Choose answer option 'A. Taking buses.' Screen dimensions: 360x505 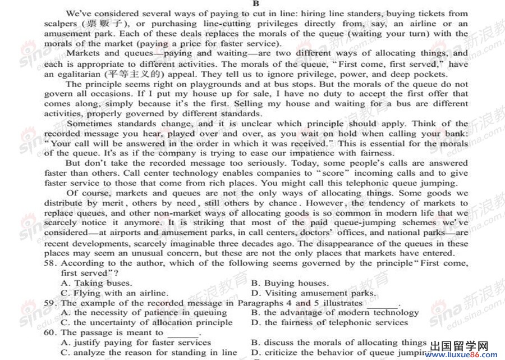click(x=96, y=283)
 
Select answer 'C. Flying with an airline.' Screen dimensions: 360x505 click(x=114, y=293)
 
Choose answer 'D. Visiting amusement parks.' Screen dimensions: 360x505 click(x=313, y=293)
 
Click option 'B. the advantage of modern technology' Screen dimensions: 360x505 click(x=335, y=312)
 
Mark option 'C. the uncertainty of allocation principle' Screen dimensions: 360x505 click(x=146, y=322)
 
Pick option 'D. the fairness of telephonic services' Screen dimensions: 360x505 click(x=329, y=322)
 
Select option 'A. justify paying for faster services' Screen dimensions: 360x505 click(x=136, y=342)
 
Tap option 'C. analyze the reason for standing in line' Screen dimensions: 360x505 click(x=149, y=352)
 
